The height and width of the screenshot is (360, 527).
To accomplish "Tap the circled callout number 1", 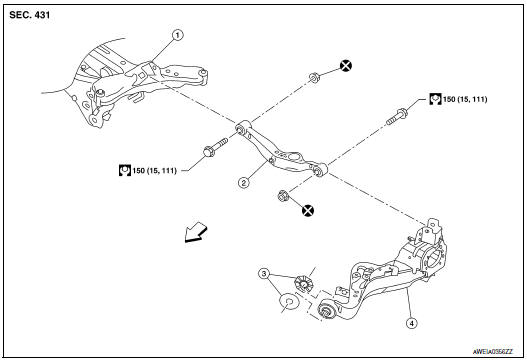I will (x=177, y=35).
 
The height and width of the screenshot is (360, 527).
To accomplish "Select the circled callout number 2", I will (x=242, y=182).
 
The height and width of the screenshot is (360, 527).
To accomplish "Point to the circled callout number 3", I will (x=264, y=272).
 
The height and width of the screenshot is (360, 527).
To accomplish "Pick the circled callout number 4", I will (x=411, y=323).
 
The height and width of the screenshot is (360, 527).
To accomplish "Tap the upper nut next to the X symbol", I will (x=315, y=76).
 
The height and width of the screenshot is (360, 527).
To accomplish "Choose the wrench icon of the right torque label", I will (x=437, y=99).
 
